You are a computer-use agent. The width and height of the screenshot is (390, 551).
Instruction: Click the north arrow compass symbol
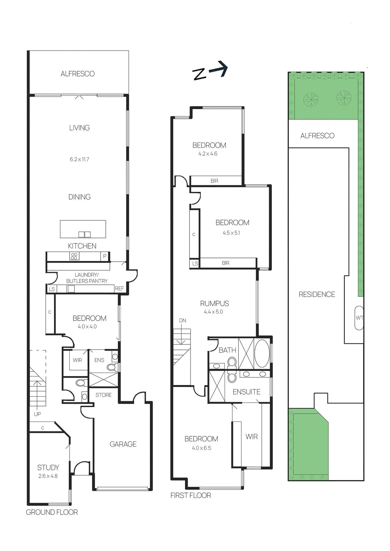pos(210,71)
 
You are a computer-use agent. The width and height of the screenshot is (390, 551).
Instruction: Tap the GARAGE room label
pos(123,444)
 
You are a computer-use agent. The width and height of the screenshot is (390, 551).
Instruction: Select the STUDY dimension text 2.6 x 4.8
pos(48,476)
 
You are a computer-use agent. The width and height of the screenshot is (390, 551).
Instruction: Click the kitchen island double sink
pos(84,235)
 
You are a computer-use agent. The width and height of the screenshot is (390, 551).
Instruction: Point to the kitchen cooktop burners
pos(74,256)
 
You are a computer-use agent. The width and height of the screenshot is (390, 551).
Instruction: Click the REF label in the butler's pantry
pos(120,289)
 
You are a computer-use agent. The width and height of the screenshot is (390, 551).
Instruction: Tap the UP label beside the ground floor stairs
pos(37,414)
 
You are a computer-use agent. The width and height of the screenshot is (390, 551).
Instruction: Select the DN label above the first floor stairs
pos(183,321)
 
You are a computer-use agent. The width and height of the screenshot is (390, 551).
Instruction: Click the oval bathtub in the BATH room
pos(262,354)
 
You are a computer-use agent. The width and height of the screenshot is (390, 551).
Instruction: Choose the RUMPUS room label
pos(214,303)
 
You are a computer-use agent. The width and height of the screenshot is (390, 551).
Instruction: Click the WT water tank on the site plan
pos(359,318)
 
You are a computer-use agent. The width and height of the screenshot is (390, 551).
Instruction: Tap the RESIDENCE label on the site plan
pos(317,294)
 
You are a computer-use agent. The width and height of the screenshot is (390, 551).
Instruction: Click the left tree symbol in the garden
pos(311,100)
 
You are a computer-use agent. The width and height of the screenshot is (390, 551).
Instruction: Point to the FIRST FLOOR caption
pos(191,495)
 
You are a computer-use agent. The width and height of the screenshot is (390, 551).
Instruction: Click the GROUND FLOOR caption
pos(52,512)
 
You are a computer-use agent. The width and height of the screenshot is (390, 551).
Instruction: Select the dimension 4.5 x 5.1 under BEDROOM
pos(231,233)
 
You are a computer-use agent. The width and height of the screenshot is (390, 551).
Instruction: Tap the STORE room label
pos(103,395)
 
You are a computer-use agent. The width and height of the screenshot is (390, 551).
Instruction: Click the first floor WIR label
pos(252,437)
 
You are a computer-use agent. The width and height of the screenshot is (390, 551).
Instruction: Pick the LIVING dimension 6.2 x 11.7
pos(79,159)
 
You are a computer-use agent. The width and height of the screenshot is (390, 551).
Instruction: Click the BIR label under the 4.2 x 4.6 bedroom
pos(214,181)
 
